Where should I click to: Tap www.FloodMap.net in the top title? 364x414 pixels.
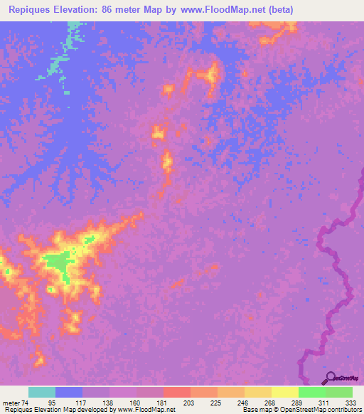(217, 10)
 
